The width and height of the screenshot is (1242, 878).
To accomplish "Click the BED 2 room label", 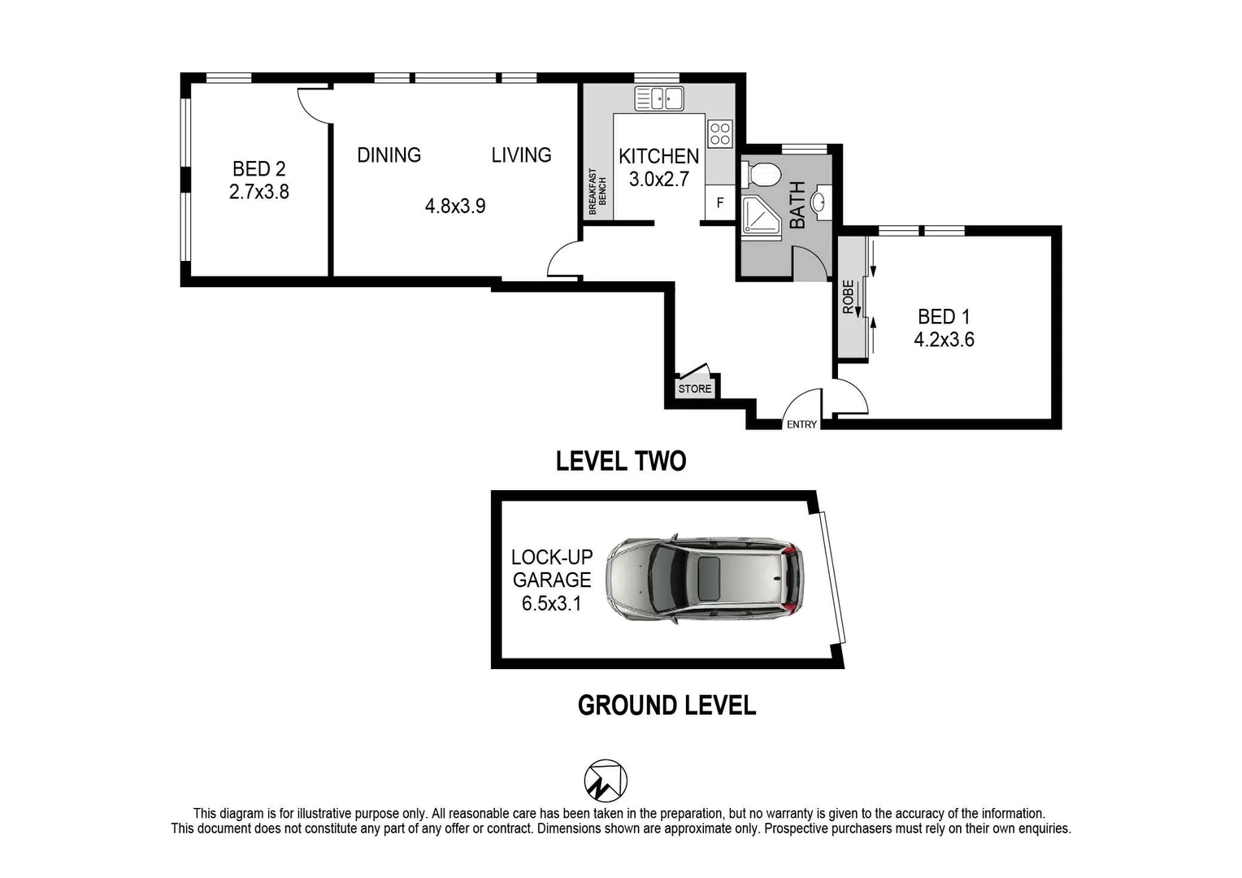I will tap(258, 169).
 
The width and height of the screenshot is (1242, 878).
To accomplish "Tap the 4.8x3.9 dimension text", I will tap(455, 206).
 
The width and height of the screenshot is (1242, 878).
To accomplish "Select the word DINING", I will tap(389, 154).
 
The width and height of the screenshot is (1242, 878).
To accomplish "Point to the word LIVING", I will tap(521, 154).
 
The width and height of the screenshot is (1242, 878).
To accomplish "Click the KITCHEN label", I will tap(658, 156).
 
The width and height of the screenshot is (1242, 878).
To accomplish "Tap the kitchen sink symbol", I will tap(659, 98).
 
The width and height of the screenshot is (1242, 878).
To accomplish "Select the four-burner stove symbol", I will tap(720, 133).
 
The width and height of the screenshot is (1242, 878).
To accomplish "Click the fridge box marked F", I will tap(720, 203).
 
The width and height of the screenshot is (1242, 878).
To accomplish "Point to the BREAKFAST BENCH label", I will tap(597, 192).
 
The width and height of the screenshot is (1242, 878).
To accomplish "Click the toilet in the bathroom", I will tap(762, 174).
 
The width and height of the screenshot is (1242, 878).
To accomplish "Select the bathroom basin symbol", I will tap(822, 202).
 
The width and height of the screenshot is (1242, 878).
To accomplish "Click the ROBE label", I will tap(849, 298).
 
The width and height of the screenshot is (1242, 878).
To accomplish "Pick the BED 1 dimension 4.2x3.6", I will tap(944, 340).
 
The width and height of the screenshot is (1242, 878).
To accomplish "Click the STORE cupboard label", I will tap(695, 389).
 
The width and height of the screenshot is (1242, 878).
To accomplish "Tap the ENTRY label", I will tap(801, 424).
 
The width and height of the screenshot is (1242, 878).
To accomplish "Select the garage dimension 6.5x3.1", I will tap(551, 603).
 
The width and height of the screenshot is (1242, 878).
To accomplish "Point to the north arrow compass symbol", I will tap(606, 781).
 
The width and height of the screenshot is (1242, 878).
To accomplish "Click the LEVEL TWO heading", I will tap(621, 461).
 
